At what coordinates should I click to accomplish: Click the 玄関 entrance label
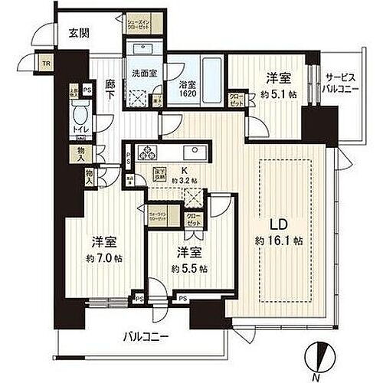[78, 32]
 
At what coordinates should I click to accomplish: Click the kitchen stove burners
[146, 150]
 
